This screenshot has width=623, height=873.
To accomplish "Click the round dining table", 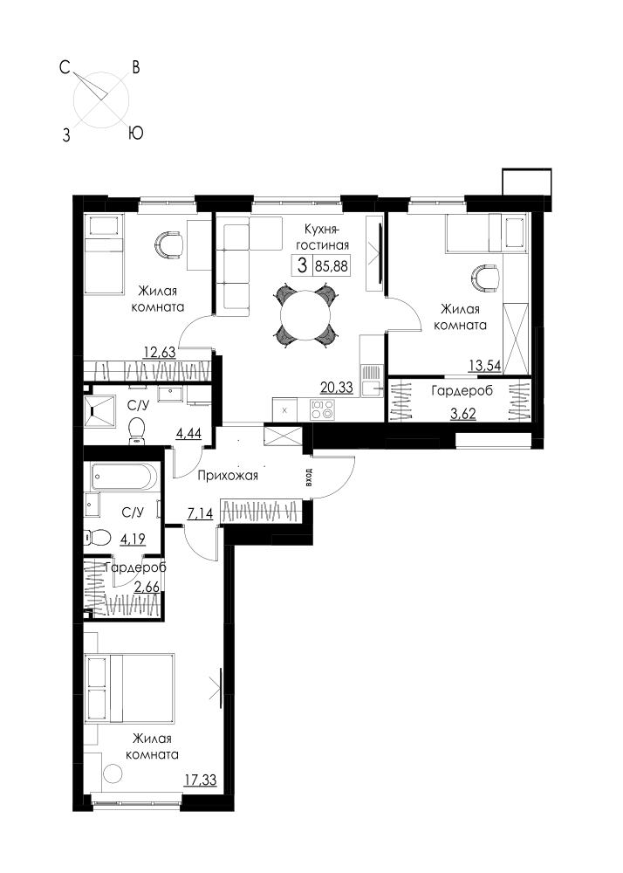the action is [306, 316].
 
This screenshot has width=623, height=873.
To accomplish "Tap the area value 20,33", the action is [336, 388].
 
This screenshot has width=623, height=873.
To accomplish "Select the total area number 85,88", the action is [332, 266].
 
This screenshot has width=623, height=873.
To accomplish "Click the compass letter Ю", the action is [136, 133].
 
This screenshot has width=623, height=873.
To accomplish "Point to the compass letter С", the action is [65, 68].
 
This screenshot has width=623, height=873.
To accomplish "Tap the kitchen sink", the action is [371, 380].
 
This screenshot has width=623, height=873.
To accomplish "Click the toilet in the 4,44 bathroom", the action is [136, 432].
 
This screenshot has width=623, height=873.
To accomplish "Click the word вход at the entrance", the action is [309, 478].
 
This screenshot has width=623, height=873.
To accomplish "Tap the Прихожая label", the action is [228, 476].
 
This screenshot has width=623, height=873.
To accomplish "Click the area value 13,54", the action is [486, 366].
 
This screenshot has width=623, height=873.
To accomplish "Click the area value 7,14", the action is [201, 513].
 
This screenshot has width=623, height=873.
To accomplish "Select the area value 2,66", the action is [147, 587].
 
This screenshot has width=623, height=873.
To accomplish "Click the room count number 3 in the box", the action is [302, 265].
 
